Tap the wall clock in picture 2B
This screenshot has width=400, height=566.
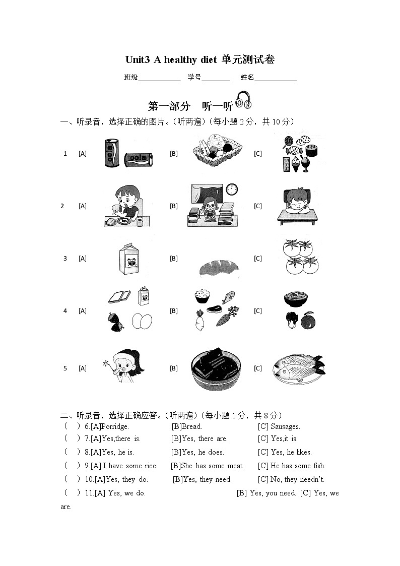[232, 190]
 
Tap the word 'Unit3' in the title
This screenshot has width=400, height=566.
[138, 59]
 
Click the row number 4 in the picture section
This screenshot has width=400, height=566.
[65, 311]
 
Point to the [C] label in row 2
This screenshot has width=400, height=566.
[257, 206]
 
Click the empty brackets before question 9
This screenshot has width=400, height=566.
[72, 466]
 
